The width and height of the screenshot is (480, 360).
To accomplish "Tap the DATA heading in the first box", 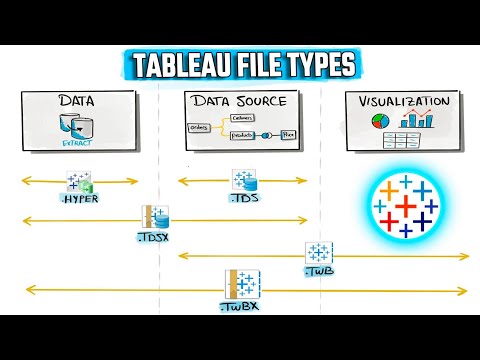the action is click(x=78, y=101).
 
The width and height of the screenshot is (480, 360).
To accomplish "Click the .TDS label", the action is click(x=245, y=199).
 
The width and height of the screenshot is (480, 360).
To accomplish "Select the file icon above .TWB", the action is click(x=320, y=253).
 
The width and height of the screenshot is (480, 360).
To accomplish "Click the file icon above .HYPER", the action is click(x=79, y=180).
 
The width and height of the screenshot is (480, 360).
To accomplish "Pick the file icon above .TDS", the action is click(x=245, y=180).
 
